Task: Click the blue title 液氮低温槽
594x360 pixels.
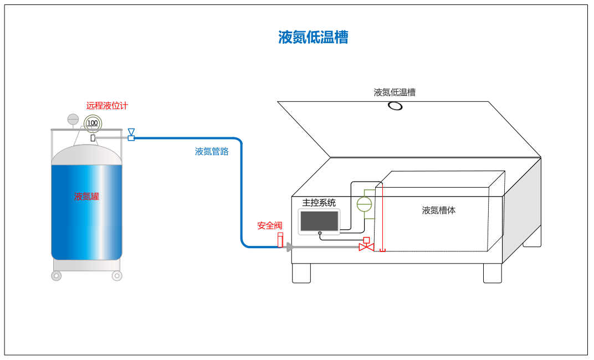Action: tap(313, 38)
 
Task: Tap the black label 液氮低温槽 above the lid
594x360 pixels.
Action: tap(395, 92)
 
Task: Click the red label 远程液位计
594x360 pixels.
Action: tap(107, 106)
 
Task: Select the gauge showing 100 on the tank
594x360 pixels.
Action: tap(93, 122)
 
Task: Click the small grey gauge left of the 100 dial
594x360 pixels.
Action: tap(73, 119)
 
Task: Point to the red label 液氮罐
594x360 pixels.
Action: tap(86, 196)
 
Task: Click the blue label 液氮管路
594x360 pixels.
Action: tap(212, 151)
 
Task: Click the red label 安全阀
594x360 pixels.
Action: tap(270, 225)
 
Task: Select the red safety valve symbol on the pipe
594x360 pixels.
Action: tap(280, 240)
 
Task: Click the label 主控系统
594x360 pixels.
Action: tap(319, 203)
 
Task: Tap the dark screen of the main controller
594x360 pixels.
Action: tap(319, 221)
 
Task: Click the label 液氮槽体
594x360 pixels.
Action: tap(439, 210)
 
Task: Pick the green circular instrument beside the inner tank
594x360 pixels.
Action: tap(364, 204)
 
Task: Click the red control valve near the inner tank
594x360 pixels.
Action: tap(366, 245)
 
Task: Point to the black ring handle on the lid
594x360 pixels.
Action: tap(395, 106)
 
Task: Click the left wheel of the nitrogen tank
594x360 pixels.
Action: tap(57, 276)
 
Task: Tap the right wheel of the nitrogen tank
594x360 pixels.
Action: tap(116, 276)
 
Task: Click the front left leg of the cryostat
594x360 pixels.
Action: tap(301, 273)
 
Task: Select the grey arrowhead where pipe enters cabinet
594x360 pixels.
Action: tap(289, 248)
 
